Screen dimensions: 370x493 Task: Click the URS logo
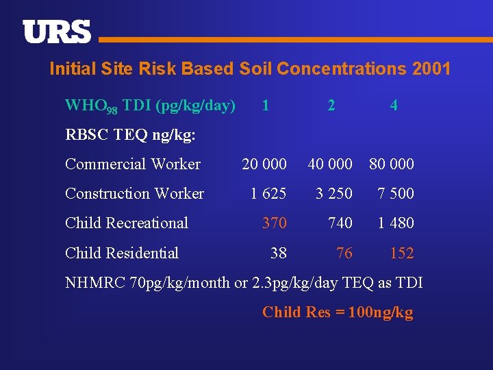tap(57, 32)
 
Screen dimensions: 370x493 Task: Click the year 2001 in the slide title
tap(431, 69)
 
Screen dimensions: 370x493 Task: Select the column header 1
tap(265, 106)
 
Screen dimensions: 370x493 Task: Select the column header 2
tap(331, 106)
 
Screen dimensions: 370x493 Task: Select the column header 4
tap(393, 106)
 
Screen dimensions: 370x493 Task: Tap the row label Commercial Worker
tap(133, 164)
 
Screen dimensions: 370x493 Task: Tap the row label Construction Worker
tap(134, 194)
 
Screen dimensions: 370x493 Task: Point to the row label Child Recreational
tap(127, 223)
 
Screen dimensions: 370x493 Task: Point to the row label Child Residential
tap(122, 253)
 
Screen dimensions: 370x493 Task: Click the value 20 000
tap(264, 164)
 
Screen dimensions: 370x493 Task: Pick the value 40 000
tap(330, 164)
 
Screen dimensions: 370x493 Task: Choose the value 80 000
tap(392, 164)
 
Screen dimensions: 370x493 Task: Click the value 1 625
tap(268, 194)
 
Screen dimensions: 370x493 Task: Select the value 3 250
tap(334, 194)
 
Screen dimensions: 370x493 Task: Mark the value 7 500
tap(396, 194)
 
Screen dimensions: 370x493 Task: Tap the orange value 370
tap(275, 223)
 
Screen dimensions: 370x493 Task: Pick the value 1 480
tap(396, 223)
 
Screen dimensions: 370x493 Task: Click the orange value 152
tap(402, 254)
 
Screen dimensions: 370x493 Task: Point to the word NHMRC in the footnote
tap(95, 282)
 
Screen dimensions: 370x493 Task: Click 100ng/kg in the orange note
tap(381, 312)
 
